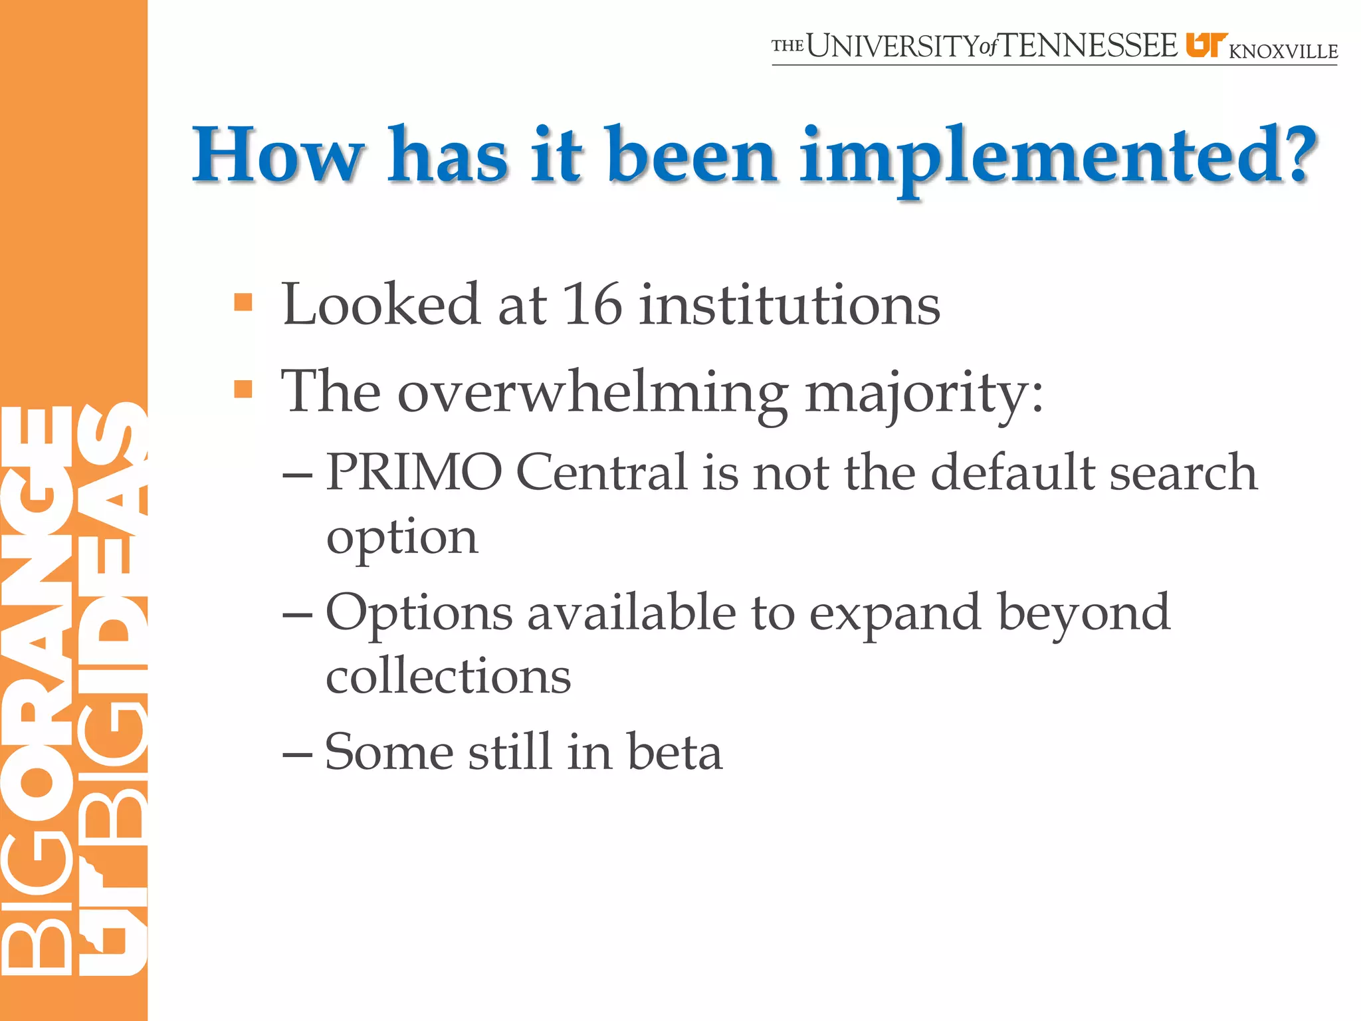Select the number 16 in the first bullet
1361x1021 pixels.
coord(592,304)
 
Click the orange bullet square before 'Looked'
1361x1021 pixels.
coord(243,302)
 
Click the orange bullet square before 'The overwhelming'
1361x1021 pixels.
coord(243,389)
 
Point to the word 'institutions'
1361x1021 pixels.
coord(789,304)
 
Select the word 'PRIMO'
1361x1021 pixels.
coord(413,472)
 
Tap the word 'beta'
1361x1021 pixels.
coord(675,752)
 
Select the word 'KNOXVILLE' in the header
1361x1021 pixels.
coord(1283,52)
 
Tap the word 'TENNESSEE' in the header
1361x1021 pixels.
coord(1089,47)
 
